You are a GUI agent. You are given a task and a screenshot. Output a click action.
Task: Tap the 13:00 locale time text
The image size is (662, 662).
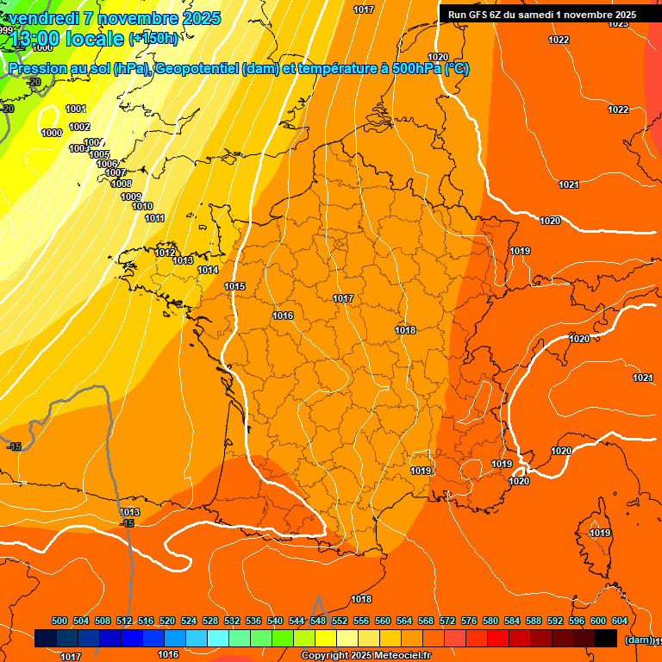click(x=68, y=39)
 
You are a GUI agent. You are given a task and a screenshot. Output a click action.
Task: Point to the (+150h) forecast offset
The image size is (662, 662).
click(x=153, y=39)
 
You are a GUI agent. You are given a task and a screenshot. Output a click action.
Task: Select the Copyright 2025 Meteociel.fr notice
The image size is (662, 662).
click(x=366, y=655)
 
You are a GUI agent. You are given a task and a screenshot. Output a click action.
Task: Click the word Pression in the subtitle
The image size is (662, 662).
click(x=38, y=69)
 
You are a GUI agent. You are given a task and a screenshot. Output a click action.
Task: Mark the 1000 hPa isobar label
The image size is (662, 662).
click(x=52, y=133)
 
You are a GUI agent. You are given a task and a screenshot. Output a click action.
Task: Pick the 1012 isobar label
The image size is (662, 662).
click(x=165, y=253)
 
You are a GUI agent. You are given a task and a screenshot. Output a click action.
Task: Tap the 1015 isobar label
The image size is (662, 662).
click(x=234, y=286)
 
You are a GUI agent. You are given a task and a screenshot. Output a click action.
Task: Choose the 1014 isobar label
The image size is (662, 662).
click(x=208, y=270)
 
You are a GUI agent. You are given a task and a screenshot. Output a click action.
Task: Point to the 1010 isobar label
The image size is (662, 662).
click(x=142, y=206)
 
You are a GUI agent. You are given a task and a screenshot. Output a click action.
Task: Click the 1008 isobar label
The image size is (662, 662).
click(x=122, y=184)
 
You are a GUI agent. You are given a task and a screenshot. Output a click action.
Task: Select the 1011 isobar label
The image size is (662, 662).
click(x=154, y=218)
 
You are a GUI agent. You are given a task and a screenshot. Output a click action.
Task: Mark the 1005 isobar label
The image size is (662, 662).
click(x=100, y=154)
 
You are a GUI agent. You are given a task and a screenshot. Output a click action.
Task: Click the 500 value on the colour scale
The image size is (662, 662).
click(x=59, y=621)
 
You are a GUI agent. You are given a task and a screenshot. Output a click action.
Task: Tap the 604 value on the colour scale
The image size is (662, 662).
click(x=620, y=621)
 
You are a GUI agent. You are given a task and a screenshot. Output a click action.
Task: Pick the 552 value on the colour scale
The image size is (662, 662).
click(x=340, y=621)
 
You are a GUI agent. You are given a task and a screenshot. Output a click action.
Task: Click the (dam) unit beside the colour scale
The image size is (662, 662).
click(x=639, y=640)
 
